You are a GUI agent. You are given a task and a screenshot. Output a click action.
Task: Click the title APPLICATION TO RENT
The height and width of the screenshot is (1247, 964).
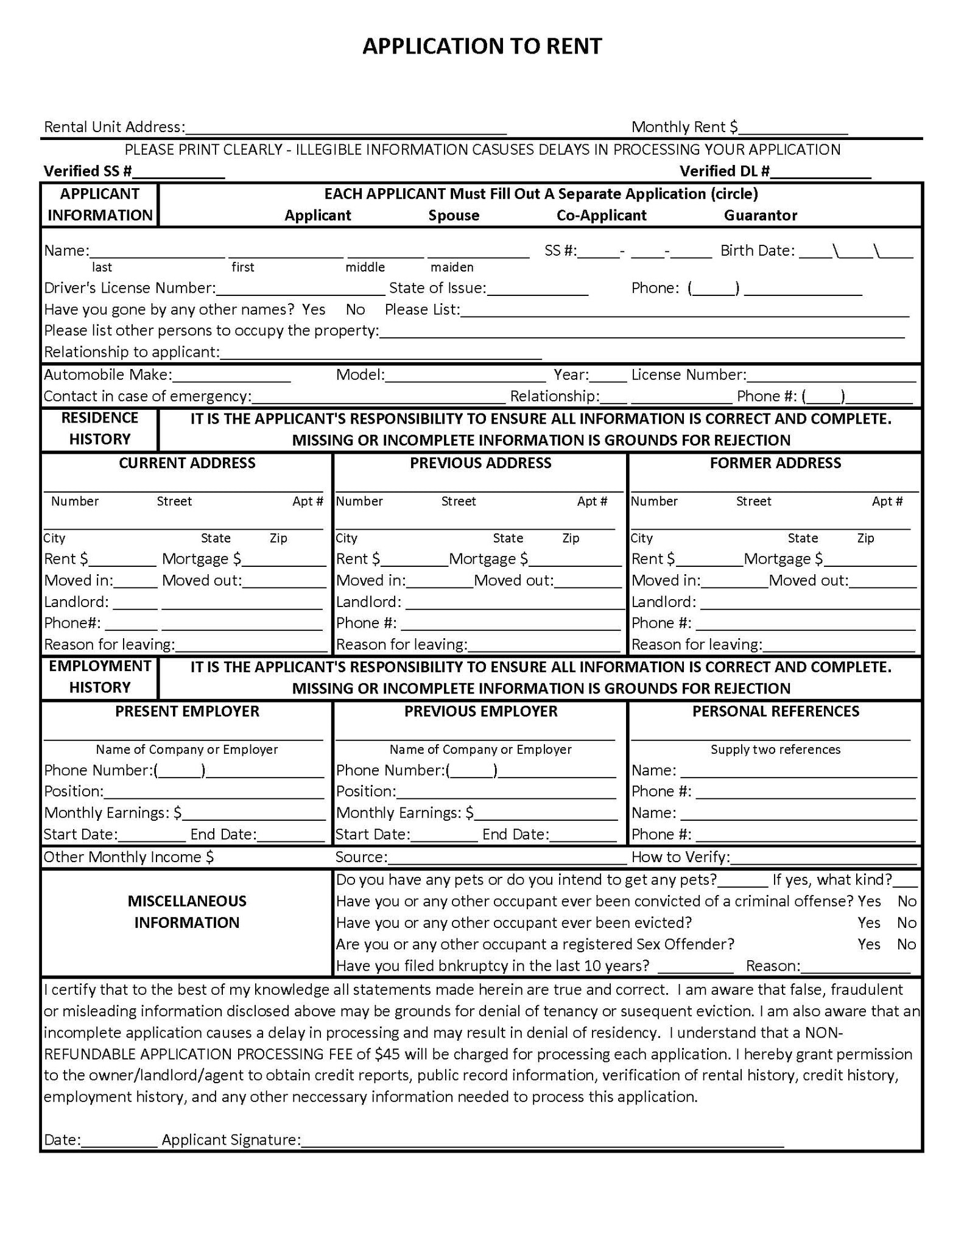tap(482, 47)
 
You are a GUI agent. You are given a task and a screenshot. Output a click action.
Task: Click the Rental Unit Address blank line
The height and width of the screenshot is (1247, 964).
tap(346, 129)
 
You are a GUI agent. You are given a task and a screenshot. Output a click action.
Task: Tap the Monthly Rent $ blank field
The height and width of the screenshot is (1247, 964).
tap(793, 129)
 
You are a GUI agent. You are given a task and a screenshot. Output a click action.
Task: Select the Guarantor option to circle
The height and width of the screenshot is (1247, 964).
tap(760, 216)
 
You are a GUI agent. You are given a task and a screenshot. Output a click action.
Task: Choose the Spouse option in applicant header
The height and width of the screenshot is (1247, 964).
tap(454, 216)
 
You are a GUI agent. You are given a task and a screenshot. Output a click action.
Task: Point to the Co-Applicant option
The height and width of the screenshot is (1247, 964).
tap(601, 216)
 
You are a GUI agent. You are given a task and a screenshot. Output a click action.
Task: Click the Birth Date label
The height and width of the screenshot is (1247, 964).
tap(757, 251)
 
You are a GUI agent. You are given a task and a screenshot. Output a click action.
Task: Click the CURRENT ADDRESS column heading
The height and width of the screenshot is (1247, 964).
tap(187, 463)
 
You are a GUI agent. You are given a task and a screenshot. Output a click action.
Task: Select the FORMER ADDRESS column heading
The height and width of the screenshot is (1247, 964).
tap(775, 463)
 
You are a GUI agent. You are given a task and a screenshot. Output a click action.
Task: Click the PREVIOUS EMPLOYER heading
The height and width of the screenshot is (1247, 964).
tap(480, 711)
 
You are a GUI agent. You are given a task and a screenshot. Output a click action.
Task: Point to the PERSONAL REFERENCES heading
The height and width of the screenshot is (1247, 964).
tap(775, 711)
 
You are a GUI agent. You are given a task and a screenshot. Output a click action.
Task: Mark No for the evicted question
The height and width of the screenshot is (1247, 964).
tap(906, 923)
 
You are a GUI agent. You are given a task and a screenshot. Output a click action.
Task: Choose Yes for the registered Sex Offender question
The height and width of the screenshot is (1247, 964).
tap(868, 944)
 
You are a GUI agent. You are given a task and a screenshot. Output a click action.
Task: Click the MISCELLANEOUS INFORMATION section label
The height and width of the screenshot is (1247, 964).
tap(187, 912)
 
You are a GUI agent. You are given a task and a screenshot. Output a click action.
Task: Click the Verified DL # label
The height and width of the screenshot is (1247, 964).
tap(724, 172)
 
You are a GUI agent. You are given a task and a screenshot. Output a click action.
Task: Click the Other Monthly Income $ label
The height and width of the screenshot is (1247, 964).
tap(128, 857)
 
